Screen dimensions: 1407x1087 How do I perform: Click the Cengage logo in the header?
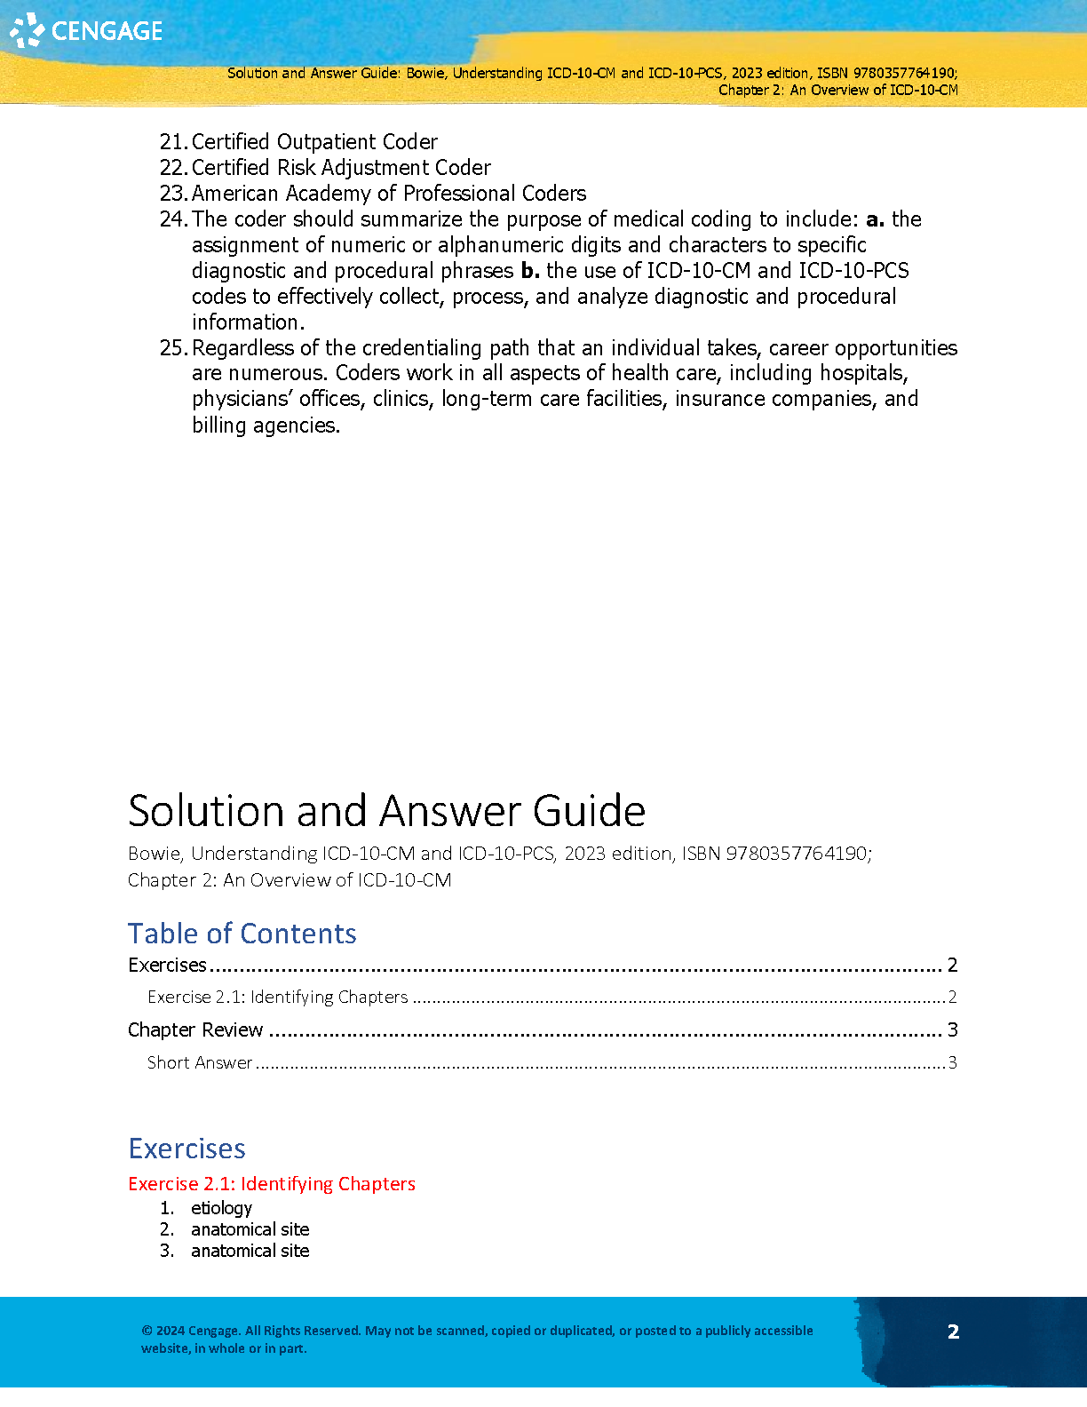(86, 31)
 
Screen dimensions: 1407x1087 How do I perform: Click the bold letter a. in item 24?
(875, 219)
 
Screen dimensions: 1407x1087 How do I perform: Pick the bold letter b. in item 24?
(530, 271)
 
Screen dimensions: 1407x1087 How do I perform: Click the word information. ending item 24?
(248, 322)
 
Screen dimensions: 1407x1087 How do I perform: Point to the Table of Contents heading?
(242, 934)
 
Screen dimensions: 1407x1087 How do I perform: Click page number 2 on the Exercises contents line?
(952, 966)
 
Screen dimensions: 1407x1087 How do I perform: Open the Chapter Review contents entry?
(195, 1029)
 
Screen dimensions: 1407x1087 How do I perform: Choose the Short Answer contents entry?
(200, 1062)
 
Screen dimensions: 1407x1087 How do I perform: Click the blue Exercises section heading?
(186, 1149)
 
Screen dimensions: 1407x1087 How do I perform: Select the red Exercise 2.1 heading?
(271, 1184)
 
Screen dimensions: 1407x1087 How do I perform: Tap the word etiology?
(221, 1208)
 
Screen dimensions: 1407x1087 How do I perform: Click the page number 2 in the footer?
(953, 1331)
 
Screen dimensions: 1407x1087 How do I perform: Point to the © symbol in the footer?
(147, 1331)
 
